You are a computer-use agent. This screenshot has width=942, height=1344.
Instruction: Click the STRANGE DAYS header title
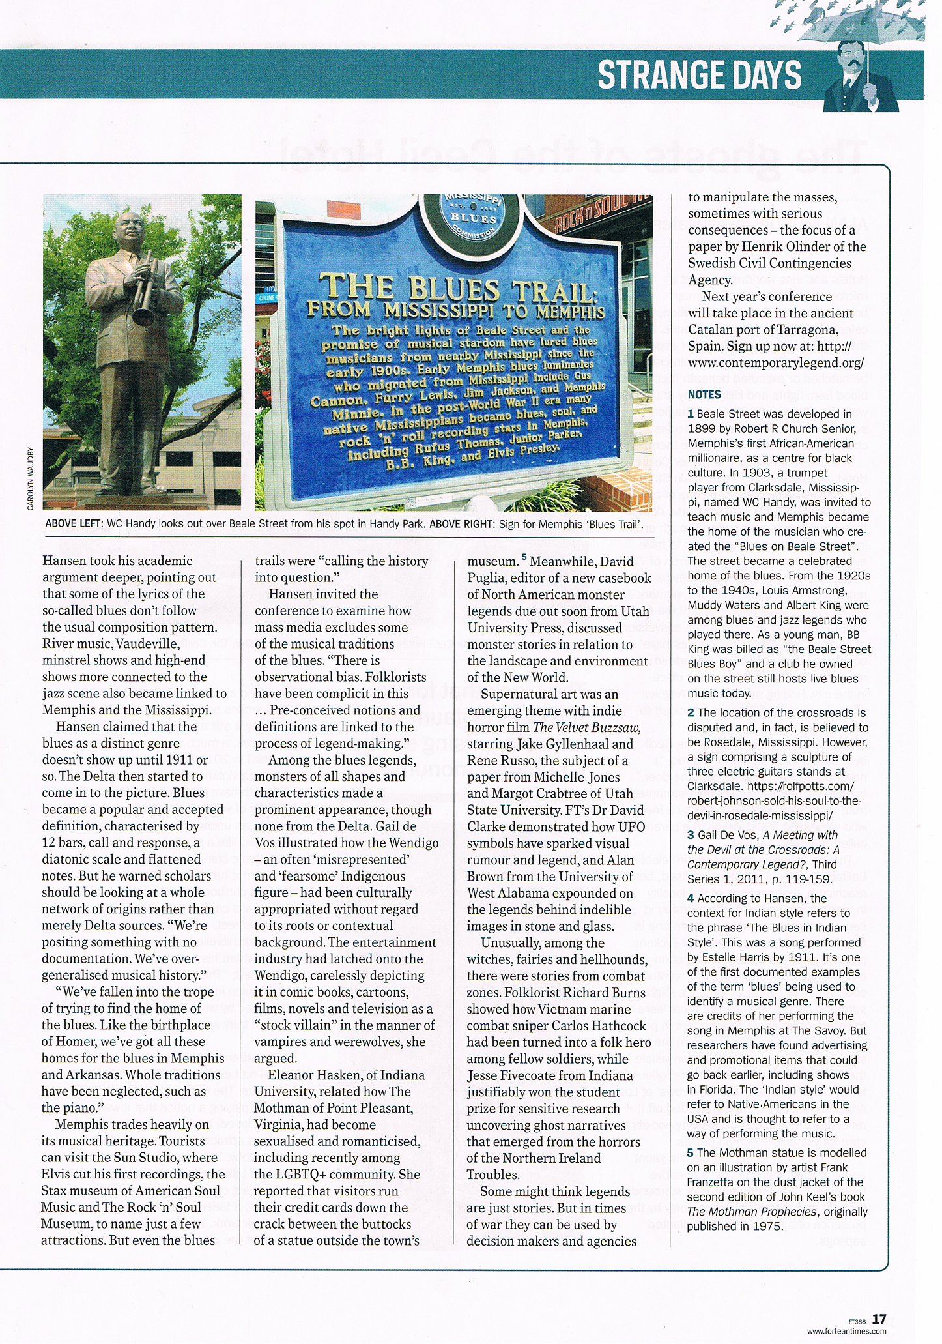(700, 75)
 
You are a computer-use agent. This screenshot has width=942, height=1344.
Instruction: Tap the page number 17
(879, 1319)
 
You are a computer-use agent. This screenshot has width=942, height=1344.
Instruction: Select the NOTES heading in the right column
(704, 394)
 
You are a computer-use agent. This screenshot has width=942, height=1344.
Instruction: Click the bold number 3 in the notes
(691, 835)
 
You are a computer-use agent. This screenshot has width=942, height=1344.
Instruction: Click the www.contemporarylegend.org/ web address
(776, 362)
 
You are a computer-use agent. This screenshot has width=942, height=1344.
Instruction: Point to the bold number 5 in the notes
(691, 1153)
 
